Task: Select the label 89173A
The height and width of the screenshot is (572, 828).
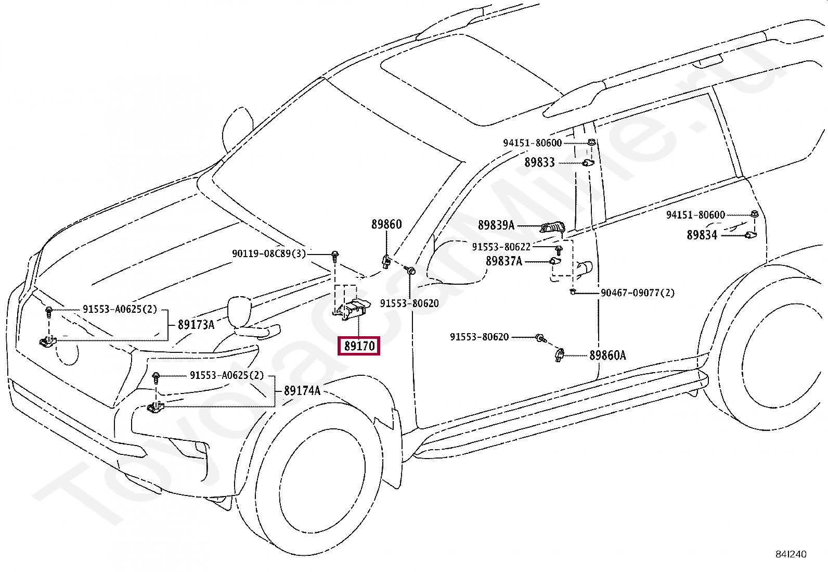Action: (x=196, y=325)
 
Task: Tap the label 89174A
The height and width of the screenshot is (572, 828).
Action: (x=302, y=391)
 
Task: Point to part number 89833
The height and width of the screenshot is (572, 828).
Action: (x=540, y=162)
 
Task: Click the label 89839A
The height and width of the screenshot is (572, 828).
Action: (x=496, y=225)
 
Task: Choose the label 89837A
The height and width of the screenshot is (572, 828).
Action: (x=504, y=261)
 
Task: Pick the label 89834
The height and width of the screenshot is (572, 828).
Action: (x=702, y=235)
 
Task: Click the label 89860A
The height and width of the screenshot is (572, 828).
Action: (x=607, y=355)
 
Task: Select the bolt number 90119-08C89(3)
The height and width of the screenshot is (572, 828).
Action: (x=269, y=254)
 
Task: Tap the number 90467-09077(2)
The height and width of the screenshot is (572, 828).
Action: (x=638, y=293)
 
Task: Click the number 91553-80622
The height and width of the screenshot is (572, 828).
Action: (x=501, y=247)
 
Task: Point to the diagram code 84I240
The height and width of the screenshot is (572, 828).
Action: (x=791, y=554)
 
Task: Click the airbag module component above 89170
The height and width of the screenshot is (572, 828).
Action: (x=352, y=309)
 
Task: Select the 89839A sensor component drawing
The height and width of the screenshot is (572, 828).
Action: (x=552, y=227)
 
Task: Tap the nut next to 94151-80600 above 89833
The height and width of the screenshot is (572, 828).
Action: (x=591, y=142)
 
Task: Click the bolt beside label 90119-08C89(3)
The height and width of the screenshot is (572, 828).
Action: (x=335, y=257)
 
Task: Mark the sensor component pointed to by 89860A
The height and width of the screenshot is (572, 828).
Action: (x=559, y=355)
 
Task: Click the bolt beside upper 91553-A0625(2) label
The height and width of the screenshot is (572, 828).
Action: (x=48, y=312)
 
